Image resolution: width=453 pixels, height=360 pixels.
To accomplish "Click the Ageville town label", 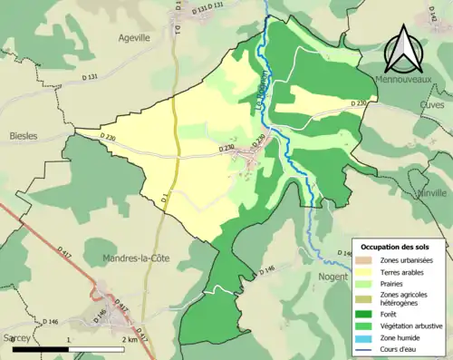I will (134, 38).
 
